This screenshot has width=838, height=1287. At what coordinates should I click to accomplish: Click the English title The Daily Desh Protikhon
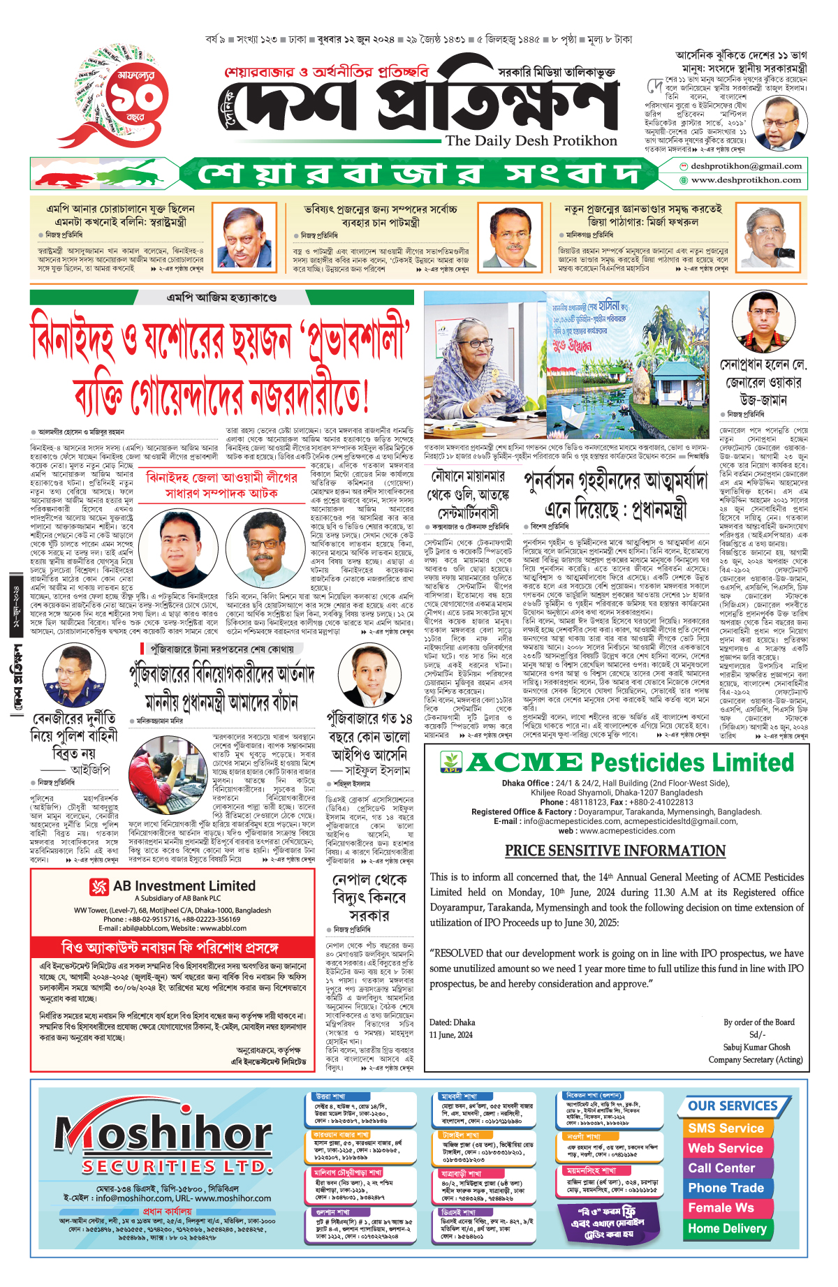[531, 140]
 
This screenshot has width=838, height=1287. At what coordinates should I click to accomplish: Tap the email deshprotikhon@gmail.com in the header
[746, 166]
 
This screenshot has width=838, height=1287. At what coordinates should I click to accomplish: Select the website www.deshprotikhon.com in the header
[746, 180]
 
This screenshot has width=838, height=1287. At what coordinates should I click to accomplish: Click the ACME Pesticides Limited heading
[629, 763]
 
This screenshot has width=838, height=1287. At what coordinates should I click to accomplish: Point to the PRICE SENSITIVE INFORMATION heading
[615, 850]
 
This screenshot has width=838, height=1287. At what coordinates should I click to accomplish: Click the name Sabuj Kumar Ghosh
[756, 1047]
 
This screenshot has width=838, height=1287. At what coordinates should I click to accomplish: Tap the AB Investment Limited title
[184, 885]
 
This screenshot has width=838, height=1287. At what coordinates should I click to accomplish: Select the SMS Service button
[726, 1128]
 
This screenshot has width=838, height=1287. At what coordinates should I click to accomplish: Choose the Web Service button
[726, 1149]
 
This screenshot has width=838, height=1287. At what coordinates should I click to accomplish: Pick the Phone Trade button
[726, 1189]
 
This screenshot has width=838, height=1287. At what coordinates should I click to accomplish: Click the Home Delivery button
[727, 1228]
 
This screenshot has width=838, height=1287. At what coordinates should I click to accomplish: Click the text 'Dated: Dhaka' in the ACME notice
[452, 1022]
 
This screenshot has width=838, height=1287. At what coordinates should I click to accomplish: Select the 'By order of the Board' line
[758, 1022]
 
